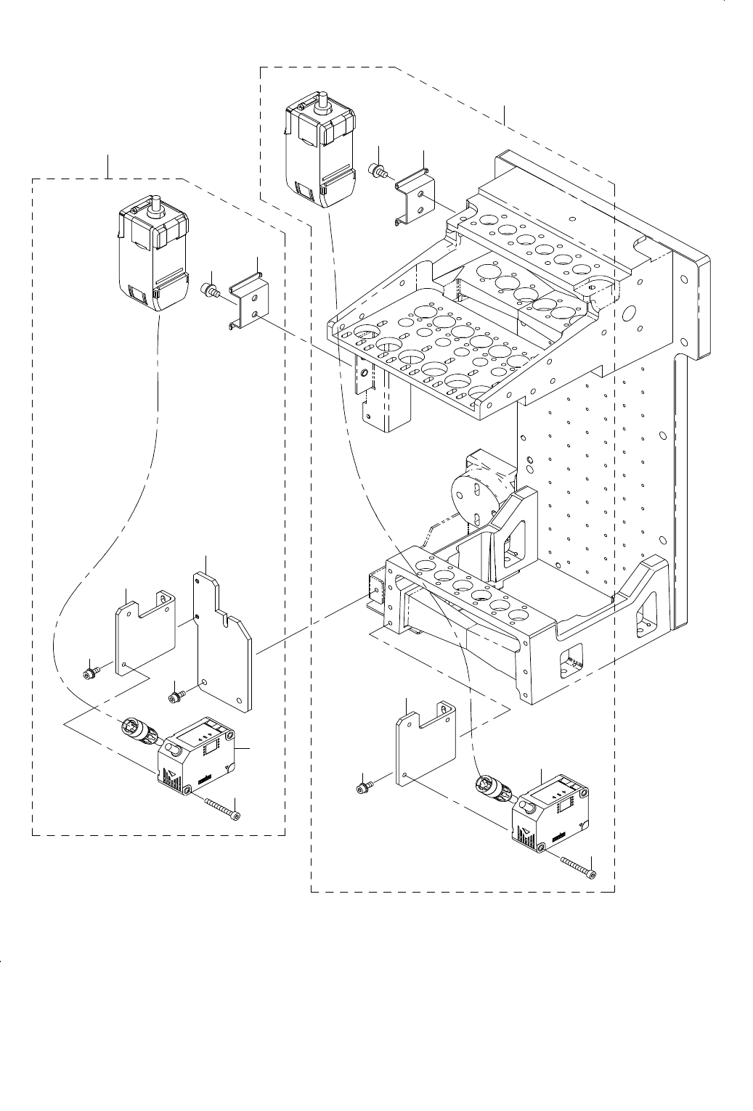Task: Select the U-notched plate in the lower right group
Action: tap(425, 744)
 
